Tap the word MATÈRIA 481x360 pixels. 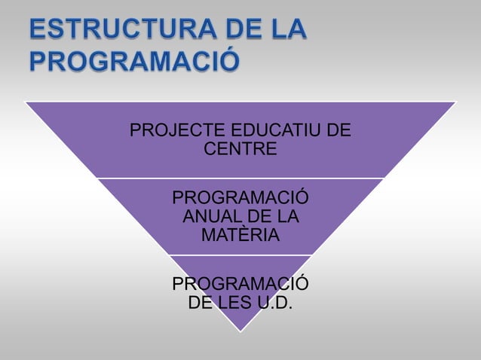[240, 236]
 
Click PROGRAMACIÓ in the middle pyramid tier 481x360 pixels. [240, 199]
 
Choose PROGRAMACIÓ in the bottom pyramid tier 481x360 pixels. [240, 285]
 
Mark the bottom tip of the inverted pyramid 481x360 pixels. [240, 331]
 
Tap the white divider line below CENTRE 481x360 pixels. [240, 178]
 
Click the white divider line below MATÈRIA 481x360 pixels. [240, 255]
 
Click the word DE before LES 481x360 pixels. [201, 304]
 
